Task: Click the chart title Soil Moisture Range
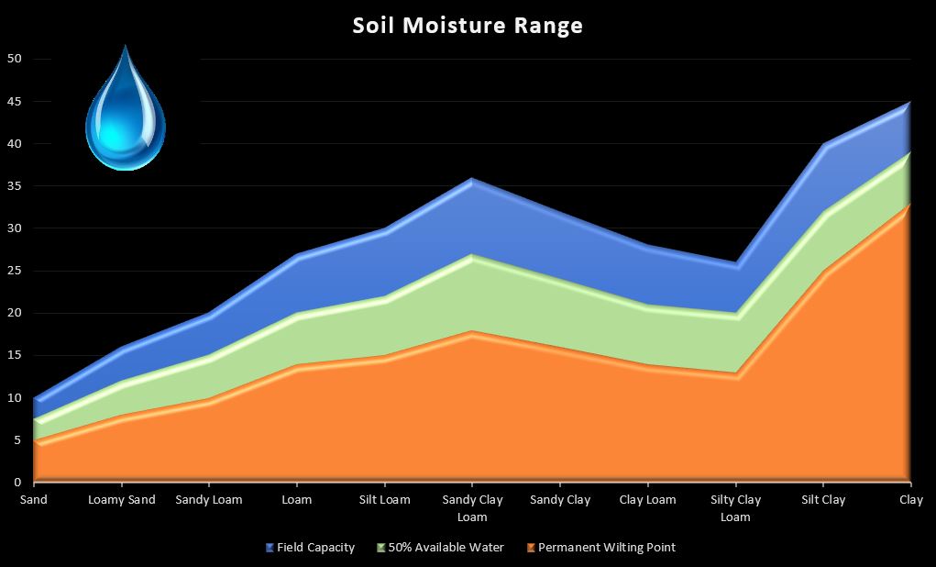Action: point(468,25)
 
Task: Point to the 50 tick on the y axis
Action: point(14,60)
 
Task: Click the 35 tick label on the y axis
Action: point(14,186)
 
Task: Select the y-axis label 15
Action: point(14,356)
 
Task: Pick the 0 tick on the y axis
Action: point(17,483)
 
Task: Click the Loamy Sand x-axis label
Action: point(122,500)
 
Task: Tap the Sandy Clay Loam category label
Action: point(472,508)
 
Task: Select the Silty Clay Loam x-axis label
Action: point(735,508)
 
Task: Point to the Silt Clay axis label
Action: point(822,500)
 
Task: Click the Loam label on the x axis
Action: point(297,500)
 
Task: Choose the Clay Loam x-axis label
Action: point(647,500)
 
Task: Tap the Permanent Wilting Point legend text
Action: point(606,548)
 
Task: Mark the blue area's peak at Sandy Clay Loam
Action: point(472,180)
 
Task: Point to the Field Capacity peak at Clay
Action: point(908,104)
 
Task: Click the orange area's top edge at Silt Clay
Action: point(822,272)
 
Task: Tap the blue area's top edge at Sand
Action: point(36,399)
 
